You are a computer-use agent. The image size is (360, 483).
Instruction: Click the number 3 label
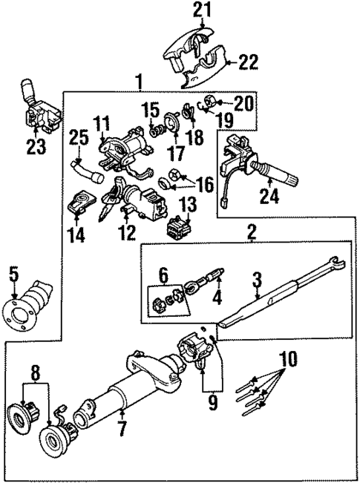[257, 280]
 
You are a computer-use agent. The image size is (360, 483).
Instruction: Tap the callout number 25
[79, 137]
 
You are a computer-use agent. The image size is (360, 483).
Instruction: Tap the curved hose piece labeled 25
[87, 170]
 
